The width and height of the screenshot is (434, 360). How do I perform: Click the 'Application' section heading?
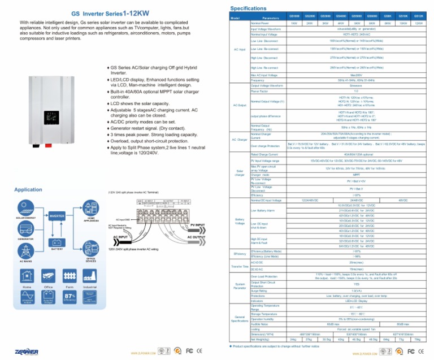click(25, 189)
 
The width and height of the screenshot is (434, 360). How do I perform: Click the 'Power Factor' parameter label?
click(259, 91)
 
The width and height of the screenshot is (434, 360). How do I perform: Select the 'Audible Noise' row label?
click(259, 324)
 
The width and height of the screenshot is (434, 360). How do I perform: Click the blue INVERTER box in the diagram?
click(57, 215)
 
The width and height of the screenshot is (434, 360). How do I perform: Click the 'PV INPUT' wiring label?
click(198, 225)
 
